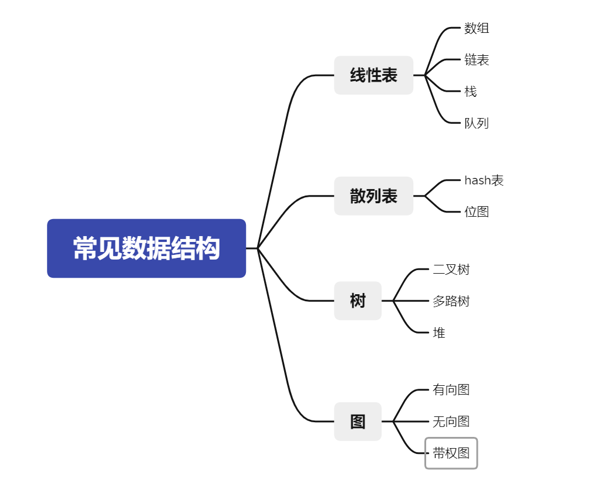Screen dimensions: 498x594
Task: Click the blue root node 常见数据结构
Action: [x=146, y=248]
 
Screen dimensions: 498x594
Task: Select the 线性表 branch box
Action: [x=373, y=75]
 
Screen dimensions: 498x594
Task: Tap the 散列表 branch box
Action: [x=373, y=196]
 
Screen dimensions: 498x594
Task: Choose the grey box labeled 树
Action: [x=357, y=301]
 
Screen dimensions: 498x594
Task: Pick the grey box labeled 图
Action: [x=357, y=422]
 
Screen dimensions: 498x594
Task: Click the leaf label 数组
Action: [x=477, y=28]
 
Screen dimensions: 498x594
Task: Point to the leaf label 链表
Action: [x=477, y=60]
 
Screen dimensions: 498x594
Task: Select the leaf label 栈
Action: [x=470, y=92]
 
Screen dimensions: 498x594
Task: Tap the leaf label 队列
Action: [x=477, y=123]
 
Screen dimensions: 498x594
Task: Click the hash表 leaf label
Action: [x=484, y=180]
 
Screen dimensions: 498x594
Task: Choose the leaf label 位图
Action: [x=477, y=211]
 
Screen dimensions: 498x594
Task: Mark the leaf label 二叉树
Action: [x=451, y=270]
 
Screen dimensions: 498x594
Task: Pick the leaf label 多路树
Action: [x=451, y=301]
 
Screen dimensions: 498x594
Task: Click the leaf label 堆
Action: [x=439, y=333]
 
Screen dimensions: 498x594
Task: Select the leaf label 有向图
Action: [x=451, y=390]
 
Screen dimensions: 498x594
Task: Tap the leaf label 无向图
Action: [x=451, y=422]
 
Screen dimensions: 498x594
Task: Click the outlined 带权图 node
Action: [x=451, y=453]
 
